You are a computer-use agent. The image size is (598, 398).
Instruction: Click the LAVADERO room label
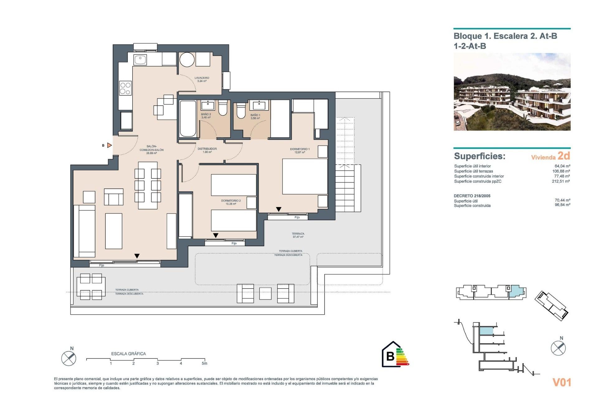click(202, 79)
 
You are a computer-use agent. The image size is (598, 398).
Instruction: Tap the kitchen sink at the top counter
click(140, 59)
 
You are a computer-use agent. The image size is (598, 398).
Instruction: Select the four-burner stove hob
click(125, 88)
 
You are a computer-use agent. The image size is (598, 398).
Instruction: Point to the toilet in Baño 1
click(241, 111)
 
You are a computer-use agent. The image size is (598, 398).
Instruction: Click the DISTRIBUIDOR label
click(207, 150)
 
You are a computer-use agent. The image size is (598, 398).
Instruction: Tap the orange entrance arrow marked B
click(109, 145)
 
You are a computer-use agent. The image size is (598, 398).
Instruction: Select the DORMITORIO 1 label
click(300, 150)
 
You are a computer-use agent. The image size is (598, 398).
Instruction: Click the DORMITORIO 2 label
click(231, 202)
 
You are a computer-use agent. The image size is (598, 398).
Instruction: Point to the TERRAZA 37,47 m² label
click(298, 235)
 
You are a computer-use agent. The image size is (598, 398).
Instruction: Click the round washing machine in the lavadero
click(187, 60)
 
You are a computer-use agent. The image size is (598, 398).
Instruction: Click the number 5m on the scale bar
click(204, 363)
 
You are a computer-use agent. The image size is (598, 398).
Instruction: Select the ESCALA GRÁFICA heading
click(128, 354)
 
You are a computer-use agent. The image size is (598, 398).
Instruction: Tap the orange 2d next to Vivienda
click(564, 155)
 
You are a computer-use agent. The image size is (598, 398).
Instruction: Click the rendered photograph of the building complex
click(512, 92)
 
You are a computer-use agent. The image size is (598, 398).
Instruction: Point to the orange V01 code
click(562, 382)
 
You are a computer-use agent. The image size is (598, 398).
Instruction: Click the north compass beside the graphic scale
click(69, 358)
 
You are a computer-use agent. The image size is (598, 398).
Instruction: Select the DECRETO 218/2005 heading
click(472, 196)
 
